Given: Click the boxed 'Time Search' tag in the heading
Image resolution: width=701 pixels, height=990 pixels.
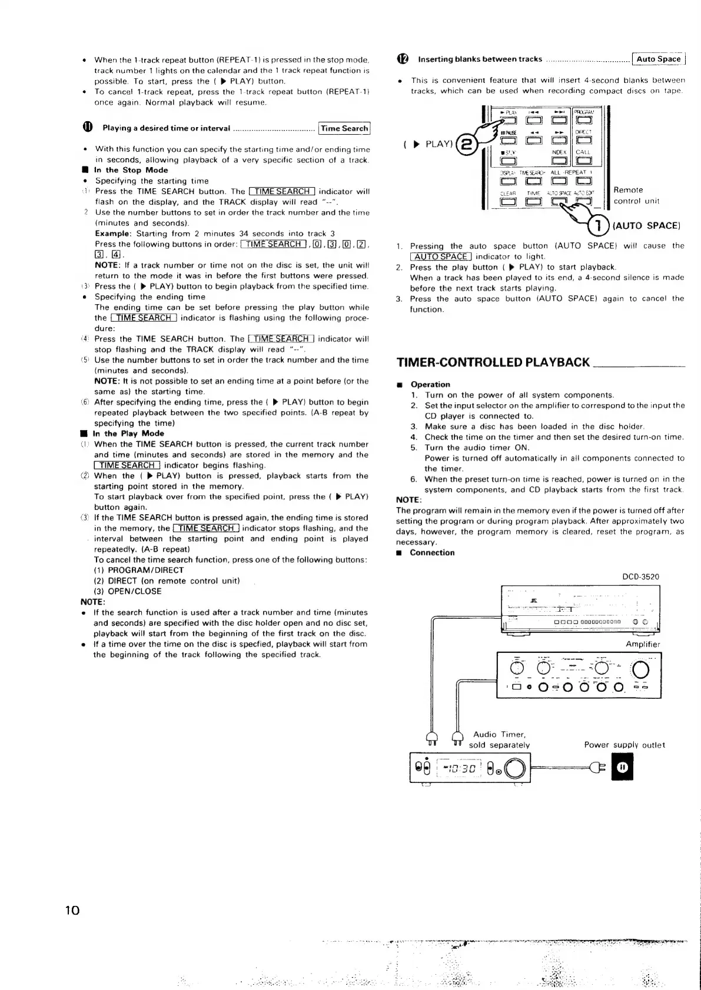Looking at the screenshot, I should (x=344, y=128).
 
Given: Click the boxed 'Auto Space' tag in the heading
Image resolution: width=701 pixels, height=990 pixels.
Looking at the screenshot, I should (x=659, y=59).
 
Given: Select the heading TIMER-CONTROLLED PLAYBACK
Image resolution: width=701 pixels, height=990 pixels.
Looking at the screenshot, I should (x=493, y=362).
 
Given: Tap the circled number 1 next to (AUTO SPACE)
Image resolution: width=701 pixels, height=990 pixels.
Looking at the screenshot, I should (x=598, y=225).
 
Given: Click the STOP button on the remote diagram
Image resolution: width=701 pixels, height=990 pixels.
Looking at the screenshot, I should (x=509, y=161).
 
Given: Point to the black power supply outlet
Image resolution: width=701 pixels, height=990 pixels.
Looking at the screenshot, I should (x=623, y=767).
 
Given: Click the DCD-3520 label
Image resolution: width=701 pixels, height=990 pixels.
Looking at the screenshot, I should (x=640, y=577).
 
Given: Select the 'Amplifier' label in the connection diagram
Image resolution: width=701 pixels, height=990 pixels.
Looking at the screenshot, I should (x=643, y=644).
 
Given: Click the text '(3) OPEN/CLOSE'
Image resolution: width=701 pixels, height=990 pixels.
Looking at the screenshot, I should (x=127, y=591).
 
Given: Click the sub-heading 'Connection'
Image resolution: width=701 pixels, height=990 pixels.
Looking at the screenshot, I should (x=432, y=552).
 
